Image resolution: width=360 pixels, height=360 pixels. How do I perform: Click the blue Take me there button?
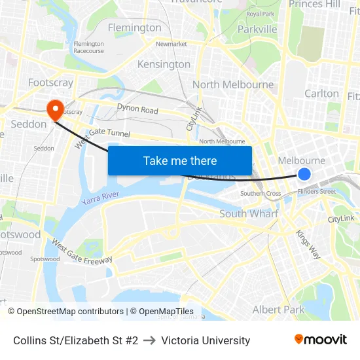coord(180,160)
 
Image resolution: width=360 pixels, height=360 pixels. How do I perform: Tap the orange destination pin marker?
coord(54,109)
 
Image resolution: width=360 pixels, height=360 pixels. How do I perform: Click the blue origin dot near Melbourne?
coord(304,173)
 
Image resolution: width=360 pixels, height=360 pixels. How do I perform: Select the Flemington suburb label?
coord(134,27)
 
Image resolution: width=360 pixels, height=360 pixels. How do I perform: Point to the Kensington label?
coord(164,64)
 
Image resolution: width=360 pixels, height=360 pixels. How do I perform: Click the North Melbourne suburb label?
coord(233,84)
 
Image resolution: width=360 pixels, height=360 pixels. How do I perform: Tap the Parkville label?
coord(257,29)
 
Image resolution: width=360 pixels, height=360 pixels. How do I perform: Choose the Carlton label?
coord(321,94)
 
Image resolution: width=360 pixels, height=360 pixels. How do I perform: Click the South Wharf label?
coord(249,213)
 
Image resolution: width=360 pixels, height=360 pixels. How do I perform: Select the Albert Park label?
coord(278,309)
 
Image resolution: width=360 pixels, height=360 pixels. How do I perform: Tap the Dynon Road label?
coord(137,109)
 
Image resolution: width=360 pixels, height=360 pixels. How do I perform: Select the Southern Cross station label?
coord(261,194)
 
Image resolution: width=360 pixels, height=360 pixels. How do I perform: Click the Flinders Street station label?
coord(316,191)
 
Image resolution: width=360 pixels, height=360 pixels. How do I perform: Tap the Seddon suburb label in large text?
coord(29,124)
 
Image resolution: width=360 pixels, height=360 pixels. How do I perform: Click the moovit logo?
coord(321,340)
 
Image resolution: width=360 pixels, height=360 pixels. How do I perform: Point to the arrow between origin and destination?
coord(149,340)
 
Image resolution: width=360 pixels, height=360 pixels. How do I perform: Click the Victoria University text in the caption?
coord(206,340)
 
